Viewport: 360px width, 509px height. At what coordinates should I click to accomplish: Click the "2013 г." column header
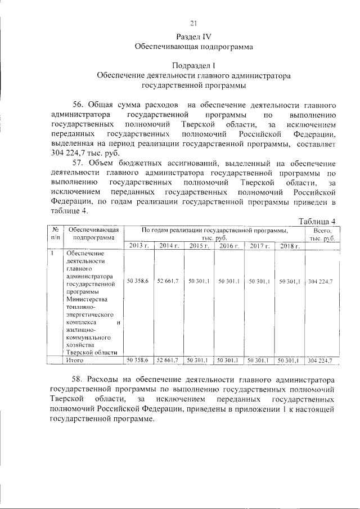tap(138, 246)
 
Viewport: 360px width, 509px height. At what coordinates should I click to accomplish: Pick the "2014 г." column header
tap(168, 246)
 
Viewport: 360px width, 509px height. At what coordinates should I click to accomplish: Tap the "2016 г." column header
tap(229, 246)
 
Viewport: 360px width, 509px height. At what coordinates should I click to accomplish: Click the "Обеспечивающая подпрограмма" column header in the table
tap(92, 235)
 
